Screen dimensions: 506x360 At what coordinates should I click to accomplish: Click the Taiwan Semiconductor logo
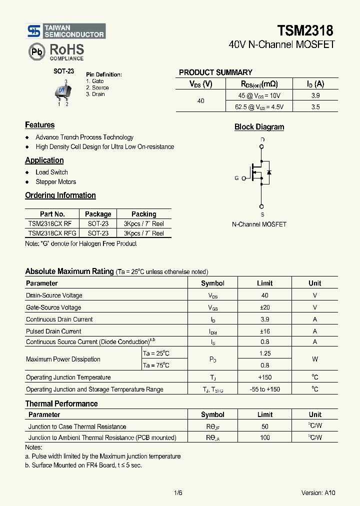coord(65,31)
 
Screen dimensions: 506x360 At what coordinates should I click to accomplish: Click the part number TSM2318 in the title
coord(305,31)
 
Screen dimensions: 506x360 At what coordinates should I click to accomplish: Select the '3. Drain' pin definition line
coord(95,94)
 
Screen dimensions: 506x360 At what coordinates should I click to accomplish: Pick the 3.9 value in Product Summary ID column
coord(315,95)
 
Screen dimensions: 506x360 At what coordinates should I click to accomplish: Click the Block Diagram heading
coord(259,127)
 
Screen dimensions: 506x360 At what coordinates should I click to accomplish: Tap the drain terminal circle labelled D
coord(261,146)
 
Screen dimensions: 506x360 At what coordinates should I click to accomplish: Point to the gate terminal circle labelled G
coord(244,178)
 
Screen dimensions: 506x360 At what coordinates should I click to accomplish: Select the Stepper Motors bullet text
coord(55,182)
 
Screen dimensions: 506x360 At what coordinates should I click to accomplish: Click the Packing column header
coord(143,214)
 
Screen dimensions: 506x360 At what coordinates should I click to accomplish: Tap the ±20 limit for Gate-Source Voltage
coord(264,307)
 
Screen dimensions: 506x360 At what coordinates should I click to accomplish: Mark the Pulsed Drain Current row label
coord(53,331)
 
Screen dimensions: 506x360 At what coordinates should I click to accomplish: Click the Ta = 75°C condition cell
coord(156,365)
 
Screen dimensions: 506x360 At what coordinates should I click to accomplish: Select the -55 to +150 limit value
coord(264,389)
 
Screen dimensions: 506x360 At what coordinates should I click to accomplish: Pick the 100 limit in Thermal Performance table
coord(264,437)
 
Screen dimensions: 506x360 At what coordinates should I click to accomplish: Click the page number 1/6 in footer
coord(178,492)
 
